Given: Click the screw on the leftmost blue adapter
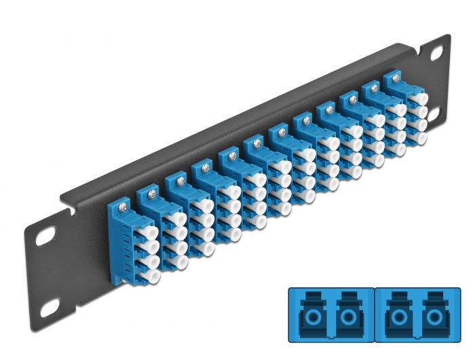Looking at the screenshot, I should pos(121,202).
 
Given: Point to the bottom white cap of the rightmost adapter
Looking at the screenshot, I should pos(422,137).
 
